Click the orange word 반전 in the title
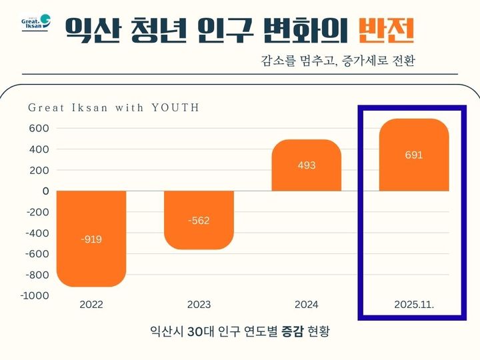[x=386, y=29]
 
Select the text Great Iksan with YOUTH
[x=113, y=107]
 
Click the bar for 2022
[x=92, y=238]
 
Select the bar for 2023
[x=199, y=220]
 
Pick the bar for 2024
[x=307, y=165]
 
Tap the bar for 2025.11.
[x=413, y=155]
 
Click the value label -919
[x=92, y=239]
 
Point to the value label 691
[x=413, y=155]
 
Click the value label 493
[x=307, y=165]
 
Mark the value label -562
[x=199, y=221]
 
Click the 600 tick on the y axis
[x=39, y=128]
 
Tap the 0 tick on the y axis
[x=45, y=191]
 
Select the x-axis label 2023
[x=199, y=305]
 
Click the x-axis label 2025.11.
[x=413, y=305]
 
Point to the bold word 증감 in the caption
[x=290, y=331]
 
